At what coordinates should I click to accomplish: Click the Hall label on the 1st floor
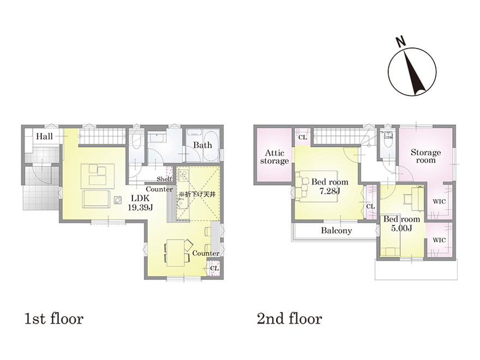click(44, 136)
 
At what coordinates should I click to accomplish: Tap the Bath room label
click(202, 145)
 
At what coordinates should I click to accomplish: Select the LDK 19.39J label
click(140, 203)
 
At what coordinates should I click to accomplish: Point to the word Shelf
click(164, 179)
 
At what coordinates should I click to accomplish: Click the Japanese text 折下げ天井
click(199, 194)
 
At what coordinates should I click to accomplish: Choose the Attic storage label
click(274, 157)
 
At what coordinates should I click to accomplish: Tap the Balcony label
click(336, 231)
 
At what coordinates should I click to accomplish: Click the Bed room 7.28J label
click(329, 187)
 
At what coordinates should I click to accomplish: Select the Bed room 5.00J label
click(401, 224)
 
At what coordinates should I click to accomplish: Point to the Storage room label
click(425, 156)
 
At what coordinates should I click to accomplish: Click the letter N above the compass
click(400, 42)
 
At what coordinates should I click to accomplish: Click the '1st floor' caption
click(54, 319)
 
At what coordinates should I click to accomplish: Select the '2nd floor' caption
click(289, 319)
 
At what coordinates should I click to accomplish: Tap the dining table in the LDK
click(176, 253)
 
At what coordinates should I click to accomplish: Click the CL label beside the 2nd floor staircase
click(302, 137)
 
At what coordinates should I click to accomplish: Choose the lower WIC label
click(439, 241)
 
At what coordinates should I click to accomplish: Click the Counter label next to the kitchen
click(159, 189)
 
